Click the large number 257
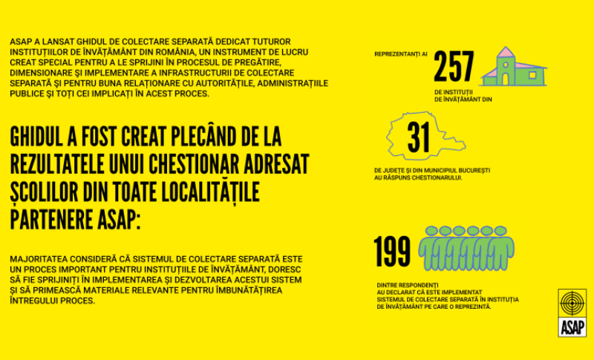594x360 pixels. [454, 68]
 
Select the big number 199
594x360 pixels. [392, 251]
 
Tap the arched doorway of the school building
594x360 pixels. [505, 76]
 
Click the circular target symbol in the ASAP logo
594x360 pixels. [572, 305]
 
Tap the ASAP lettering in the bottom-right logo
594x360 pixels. [572, 327]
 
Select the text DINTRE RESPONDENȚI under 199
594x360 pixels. [407, 285]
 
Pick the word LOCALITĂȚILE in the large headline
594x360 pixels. [208, 192]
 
